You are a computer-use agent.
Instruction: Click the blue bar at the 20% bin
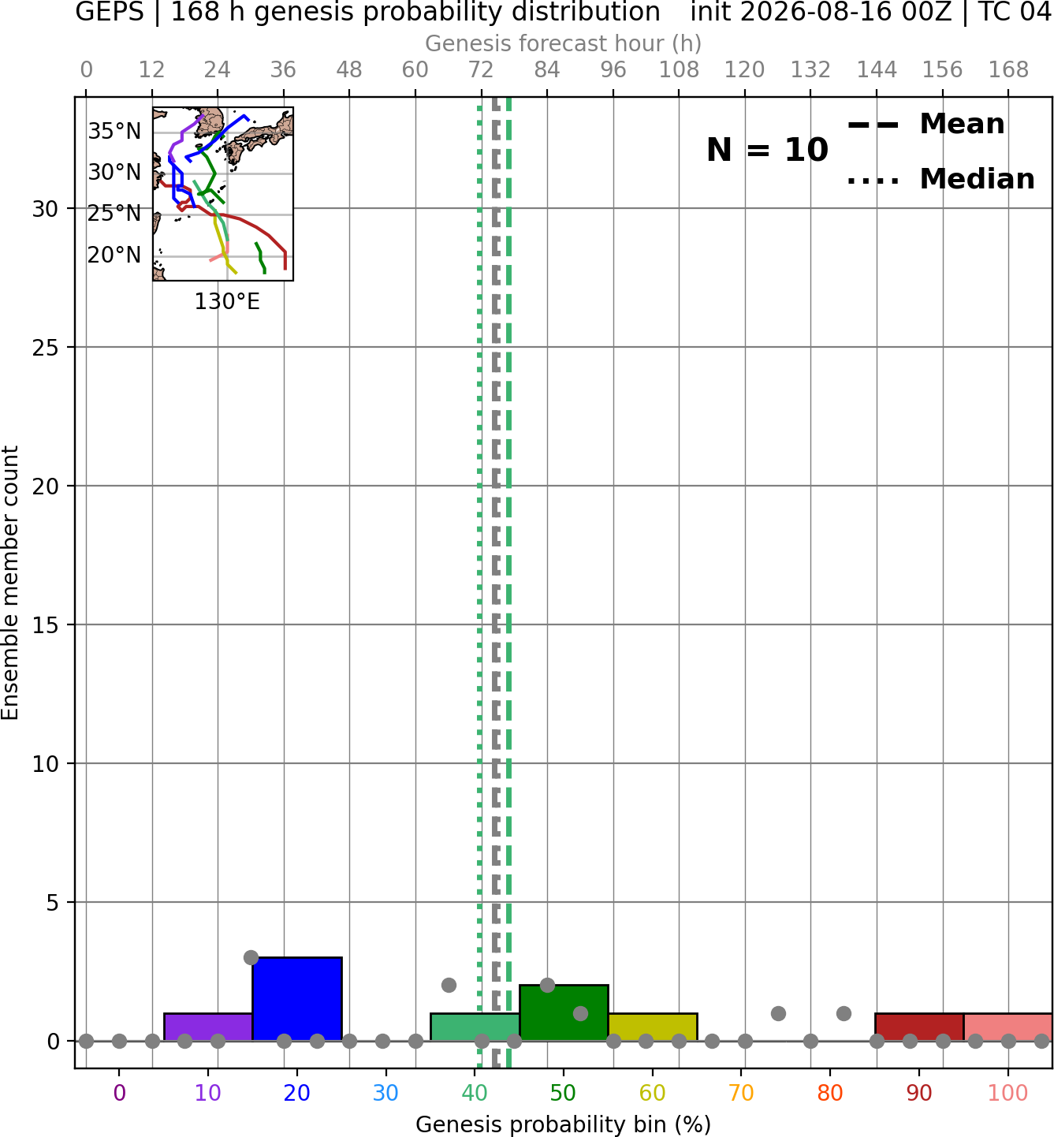[297, 998]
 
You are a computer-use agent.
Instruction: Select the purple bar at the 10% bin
[208, 1027]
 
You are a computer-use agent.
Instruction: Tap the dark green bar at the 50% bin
[564, 1012]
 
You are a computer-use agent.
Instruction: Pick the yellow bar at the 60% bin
[653, 1027]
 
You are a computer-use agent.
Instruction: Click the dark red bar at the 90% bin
[919, 1027]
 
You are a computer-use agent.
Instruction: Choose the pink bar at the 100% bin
[1008, 1027]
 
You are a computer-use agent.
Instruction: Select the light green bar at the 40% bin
[475, 1027]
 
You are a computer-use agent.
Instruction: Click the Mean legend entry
[926, 125]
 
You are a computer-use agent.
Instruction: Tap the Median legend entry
[940, 179]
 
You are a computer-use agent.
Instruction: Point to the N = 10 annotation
[767, 150]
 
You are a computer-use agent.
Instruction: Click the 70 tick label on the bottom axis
[741, 1093]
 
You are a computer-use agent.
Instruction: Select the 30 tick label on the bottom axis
[385, 1093]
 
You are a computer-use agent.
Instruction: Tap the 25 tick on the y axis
[45, 348]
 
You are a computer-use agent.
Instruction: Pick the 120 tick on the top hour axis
[744, 70]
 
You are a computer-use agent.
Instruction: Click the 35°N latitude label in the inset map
[114, 131]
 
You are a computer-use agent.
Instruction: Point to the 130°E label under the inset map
[227, 301]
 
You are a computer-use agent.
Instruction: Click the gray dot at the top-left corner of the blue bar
[251, 957]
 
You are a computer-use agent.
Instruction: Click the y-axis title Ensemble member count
[9, 583]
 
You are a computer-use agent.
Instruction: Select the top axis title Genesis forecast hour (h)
[564, 43]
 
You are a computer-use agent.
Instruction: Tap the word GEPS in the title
[110, 12]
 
